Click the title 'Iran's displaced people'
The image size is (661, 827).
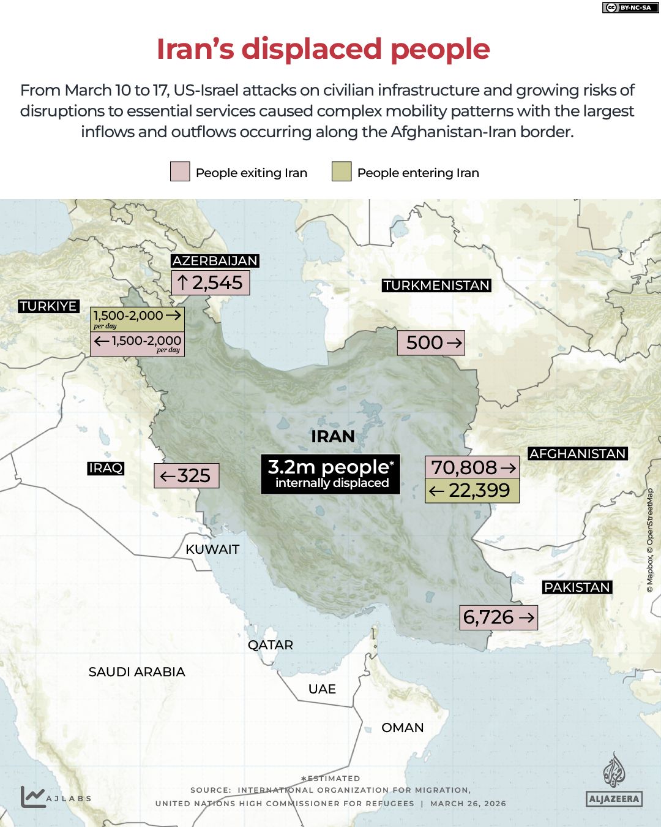(x=323, y=49)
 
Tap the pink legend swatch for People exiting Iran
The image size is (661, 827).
(x=180, y=172)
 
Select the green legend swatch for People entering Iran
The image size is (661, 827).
(x=342, y=172)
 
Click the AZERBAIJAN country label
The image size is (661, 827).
(x=215, y=261)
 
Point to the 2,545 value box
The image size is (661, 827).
(x=211, y=283)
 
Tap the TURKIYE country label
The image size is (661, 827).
(x=48, y=306)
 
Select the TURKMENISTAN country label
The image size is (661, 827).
(x=436, y=285)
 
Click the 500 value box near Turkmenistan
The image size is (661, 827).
(x=431, y=342)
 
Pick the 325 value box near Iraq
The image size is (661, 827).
(x=186, y=475)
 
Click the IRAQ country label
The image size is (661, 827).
(x=106, y=468)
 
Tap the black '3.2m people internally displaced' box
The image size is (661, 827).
(x=330, y=474)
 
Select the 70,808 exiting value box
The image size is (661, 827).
(x=472, y=467)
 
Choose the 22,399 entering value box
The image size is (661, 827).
(x=472, y=491)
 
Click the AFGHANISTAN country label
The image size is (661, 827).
(x=578, y=454)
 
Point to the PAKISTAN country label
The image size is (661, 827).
(x=577, y=587)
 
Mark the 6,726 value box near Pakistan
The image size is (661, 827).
(x=499, y=617)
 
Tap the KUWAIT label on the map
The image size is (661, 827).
(x=212, y=549)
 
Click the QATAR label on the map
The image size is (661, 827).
(x=271, y=645)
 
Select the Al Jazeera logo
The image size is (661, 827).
(x=613, y=780)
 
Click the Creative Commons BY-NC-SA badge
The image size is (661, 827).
(x=627, y=7)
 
